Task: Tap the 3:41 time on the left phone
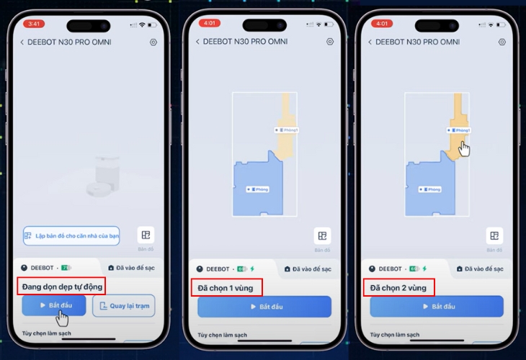[34, 24]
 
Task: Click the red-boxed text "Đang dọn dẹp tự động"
[63, 287]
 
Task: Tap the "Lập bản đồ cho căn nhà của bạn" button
[71, 235]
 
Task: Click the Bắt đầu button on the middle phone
[264, 306]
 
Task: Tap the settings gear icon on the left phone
[153, 42]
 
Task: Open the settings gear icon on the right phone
[502, 42]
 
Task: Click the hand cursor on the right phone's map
[464, 148]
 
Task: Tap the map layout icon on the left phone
[146, 235]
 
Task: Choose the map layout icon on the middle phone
[322, 235]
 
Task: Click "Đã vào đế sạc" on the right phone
[483, 269]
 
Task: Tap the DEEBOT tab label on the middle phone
[219, 269]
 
